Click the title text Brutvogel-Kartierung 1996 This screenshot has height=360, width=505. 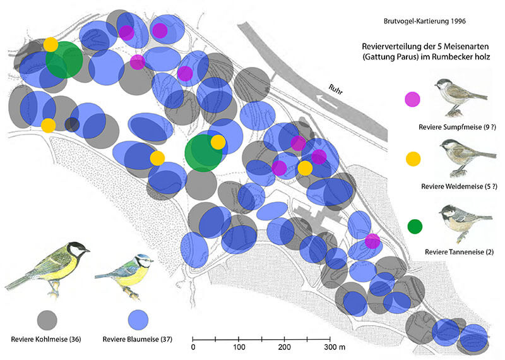click(424, 21)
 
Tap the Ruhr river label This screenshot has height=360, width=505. click(336, 89)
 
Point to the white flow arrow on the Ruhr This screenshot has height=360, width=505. click(327, 101)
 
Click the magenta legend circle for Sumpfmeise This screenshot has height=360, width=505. click(412, 99)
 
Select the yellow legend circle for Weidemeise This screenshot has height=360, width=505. click(413, 159)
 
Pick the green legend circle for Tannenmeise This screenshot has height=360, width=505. click(415, 227)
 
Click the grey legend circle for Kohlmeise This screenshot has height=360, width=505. click(47, 320)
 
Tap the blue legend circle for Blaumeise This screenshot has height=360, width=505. click(138, 320)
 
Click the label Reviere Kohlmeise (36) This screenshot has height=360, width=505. click(46, 339)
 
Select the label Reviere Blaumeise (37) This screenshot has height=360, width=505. click(138, 339)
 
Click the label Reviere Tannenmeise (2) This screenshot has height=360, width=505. click(460, 252)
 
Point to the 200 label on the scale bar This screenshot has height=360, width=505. click(285, 347)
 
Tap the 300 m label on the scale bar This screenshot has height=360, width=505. click(335, 347)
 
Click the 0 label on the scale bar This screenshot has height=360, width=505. click(193, 347)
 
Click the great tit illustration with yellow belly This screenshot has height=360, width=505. click(48, 269)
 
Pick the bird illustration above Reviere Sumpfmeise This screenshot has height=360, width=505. click(461, 97)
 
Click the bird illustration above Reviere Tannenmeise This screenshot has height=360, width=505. click(465, 223)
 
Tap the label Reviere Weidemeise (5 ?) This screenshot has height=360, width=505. click(459, 186)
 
